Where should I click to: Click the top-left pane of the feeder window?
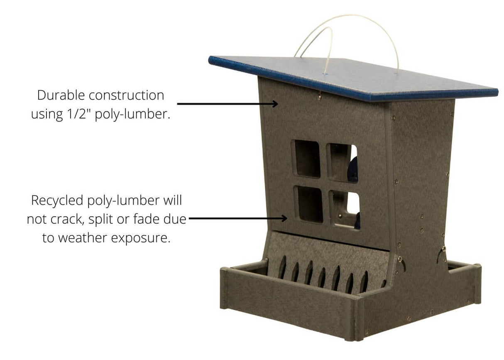tap(308, 158)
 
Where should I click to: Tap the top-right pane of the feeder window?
tap(342, 162)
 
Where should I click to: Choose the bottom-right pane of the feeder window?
tap(345, 209)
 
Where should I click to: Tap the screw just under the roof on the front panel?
tap(318, 97)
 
